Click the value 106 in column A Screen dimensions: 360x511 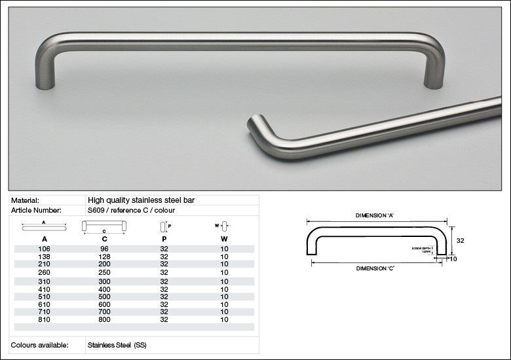[x=45, y=249]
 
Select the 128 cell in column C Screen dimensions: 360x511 [x=104, y=257]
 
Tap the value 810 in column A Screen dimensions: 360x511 [x=45, y=319]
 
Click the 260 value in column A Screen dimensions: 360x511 [x=45, y=272]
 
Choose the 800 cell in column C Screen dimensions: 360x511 [x=104, y=319]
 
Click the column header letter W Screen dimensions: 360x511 [x=224, y=239]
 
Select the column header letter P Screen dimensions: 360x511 [x=163, y=239]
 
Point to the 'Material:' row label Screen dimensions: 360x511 [x=26, y=200]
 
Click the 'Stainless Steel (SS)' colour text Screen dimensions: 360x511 [x=117, y=344]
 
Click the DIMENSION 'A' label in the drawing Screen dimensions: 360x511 [x=375, y=215]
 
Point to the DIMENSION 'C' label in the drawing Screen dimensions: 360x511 [x=375, y=268]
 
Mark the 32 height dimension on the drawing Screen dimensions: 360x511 [x=460, y=241]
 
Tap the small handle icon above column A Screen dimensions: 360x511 [x=45, y=227]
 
